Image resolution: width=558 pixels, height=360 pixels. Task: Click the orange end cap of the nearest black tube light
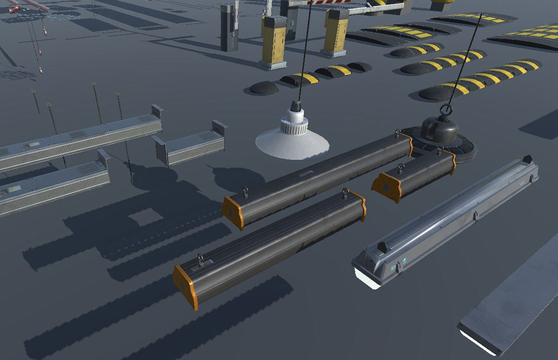185,286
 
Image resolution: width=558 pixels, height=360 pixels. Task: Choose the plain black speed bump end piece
264,87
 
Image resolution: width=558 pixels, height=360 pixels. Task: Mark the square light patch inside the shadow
146,217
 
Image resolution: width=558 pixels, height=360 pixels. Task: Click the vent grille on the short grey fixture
205,136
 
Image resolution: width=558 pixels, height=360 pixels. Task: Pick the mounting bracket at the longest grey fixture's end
157,112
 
